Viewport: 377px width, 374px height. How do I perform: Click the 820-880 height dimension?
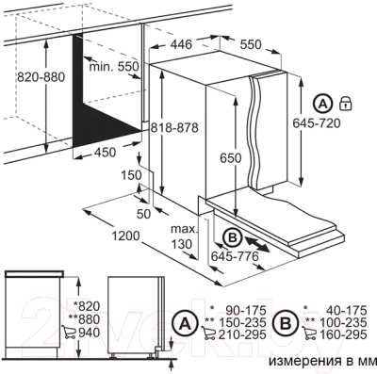tap(41, 76)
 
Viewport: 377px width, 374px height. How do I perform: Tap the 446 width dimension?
tap(181, 44)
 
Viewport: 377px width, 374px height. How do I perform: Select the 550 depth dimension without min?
tap(251, 44)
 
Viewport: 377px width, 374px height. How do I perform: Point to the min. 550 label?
tap(114, 66)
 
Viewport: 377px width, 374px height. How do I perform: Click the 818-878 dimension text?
tap(174, 127)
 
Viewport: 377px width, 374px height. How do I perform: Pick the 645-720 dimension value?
tap(317, 123)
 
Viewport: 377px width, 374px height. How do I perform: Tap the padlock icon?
tap(345, 103)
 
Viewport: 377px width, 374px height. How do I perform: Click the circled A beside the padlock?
tap(322, 104)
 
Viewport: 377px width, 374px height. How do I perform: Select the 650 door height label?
tap(230, 157)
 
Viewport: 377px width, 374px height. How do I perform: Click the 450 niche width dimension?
tap(105, 153)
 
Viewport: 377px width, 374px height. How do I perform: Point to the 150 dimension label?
tap(131, 175)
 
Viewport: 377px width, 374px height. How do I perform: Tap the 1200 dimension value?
tap(125, 236)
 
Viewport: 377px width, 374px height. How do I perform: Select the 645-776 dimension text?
tap(235, 256)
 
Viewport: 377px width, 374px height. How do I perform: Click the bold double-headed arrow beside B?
tap(257, 244)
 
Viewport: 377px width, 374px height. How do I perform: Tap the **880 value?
tap(87, 319)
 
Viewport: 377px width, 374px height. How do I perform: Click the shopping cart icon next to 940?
tap(69, 333)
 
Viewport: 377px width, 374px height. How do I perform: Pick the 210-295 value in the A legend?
tap(242, 334)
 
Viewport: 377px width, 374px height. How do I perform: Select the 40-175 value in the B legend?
tap(346, 310)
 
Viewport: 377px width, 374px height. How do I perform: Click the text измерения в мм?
tap(323, 361)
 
